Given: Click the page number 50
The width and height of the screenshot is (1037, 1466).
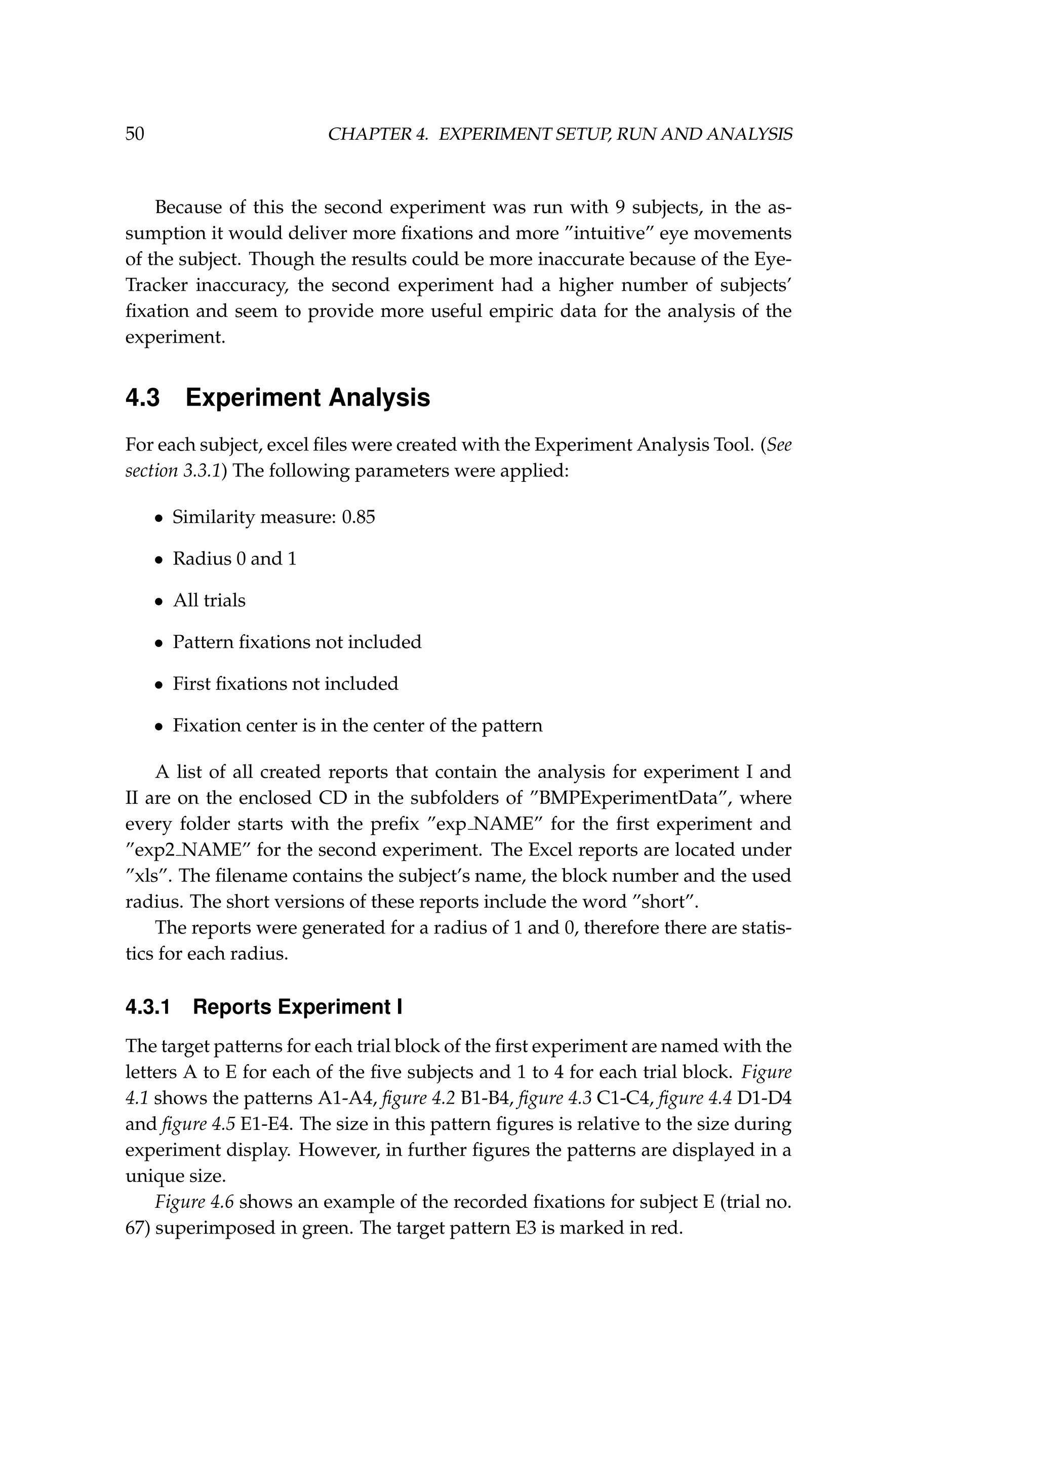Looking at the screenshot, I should click(135, 134).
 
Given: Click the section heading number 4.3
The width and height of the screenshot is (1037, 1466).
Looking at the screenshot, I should click(142, 398).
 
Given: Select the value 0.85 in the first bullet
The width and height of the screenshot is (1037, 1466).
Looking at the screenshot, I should click(358, 517).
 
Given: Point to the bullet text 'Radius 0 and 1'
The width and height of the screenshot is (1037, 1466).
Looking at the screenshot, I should click(234, 559).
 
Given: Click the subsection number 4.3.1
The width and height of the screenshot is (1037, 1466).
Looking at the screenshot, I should click(148, 1007).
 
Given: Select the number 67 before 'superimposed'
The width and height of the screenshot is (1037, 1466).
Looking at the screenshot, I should click(135, 1229).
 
